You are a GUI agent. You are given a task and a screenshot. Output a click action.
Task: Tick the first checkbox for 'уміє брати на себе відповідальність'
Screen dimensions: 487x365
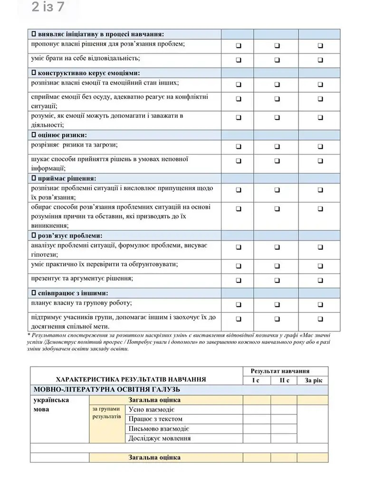tap(239, 60)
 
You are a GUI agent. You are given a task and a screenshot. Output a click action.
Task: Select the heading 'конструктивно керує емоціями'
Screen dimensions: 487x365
tap(89, 73)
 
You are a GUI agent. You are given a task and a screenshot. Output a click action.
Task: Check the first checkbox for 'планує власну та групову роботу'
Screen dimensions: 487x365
tap(239, 304)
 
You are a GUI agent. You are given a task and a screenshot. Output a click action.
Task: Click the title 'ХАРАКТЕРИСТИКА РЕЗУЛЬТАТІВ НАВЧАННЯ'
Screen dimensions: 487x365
tap(131, 380)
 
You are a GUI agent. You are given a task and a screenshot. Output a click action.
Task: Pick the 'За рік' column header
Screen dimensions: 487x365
tap(313, 380)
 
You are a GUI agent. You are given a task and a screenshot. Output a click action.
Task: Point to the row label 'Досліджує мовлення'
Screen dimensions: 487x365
tap(160, 438)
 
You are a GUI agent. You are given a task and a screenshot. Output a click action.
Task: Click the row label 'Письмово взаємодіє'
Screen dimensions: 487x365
tap(156, 429)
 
